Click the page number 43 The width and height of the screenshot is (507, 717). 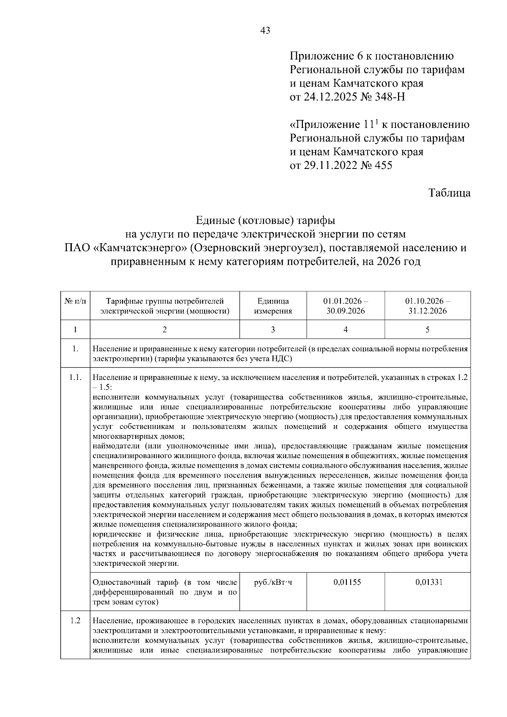266,30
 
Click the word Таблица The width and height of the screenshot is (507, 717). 449,193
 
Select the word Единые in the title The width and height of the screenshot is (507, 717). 215,220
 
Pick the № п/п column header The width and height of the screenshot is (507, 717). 75,301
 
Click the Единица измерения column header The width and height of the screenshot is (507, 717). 273,306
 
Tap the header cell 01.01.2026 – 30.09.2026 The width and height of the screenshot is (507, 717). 346,306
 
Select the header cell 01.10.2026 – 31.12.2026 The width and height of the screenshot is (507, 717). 427,306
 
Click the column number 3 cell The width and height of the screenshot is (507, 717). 273,330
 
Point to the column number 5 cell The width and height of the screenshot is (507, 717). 427,330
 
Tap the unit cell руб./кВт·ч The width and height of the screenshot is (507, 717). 273,582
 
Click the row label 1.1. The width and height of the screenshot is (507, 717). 75,378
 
